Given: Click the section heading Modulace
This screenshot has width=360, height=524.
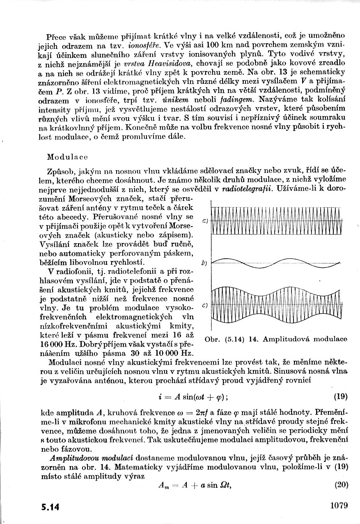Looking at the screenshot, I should [x=67, y=157].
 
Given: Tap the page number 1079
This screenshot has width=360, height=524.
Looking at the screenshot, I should [x=338, y=506].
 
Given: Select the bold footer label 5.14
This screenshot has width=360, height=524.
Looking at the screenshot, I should [x=50, y=507].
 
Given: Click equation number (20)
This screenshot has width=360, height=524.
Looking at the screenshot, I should [x=341, y=484].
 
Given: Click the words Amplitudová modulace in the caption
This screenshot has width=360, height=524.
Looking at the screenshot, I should [x=305, y=339].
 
